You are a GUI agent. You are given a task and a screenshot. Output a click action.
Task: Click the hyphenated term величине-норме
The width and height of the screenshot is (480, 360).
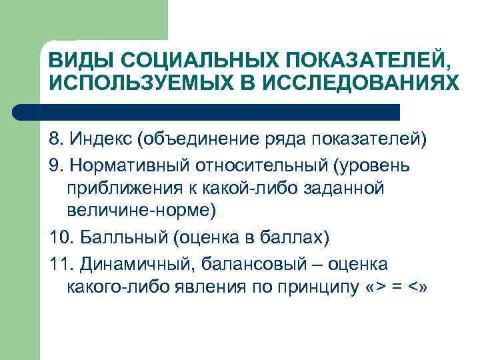141,211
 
